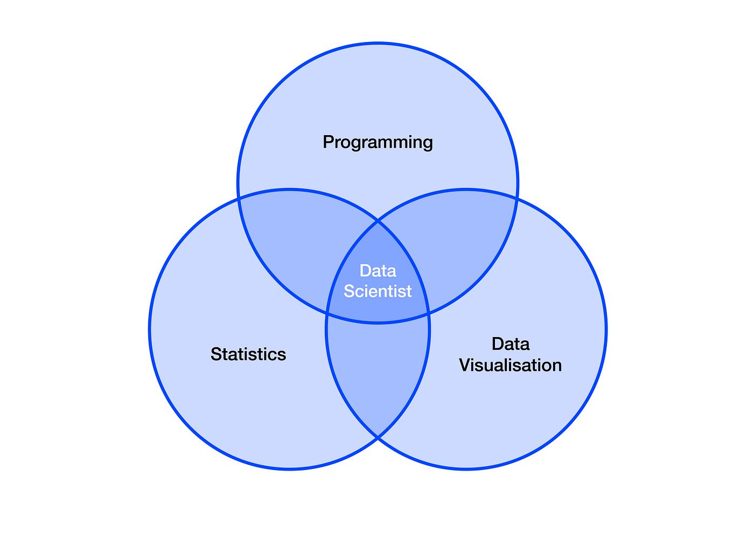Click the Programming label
[378, 142]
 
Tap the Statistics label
[248, 354]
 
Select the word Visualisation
[510, 366]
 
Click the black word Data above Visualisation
[511, 343]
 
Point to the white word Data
[378, 270]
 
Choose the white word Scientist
[378, 291]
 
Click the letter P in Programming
[328, 142]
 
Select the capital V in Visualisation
[465, 366]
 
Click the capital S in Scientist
[349, 291]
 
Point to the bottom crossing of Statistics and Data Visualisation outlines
[378, 438]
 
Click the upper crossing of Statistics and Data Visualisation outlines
[378, 221]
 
